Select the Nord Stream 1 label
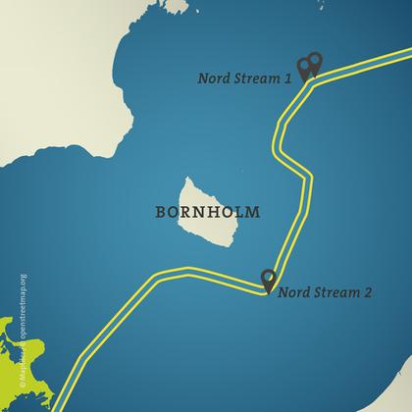click(x=244, y=79)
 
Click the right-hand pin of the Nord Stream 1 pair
click(x=315, y=63)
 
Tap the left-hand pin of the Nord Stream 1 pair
click(x=305, y=66)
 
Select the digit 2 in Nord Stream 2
click(x=367, y=291)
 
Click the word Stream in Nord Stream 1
click(x=257, y=79)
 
